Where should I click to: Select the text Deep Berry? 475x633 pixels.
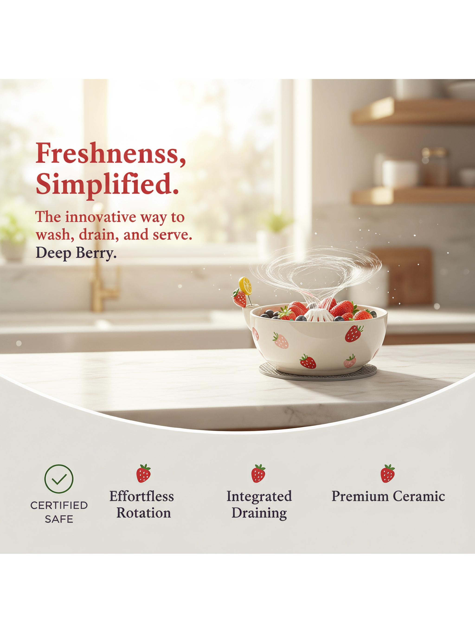tap(76, 253)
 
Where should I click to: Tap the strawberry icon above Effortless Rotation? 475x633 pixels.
tap(143, 473)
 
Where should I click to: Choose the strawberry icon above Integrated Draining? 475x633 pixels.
tap(258, 473)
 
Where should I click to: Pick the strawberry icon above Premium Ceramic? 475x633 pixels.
tap(388, 473)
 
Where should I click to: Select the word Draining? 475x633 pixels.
tap(259, 513)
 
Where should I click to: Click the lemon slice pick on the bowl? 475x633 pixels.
tap(245, 285)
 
